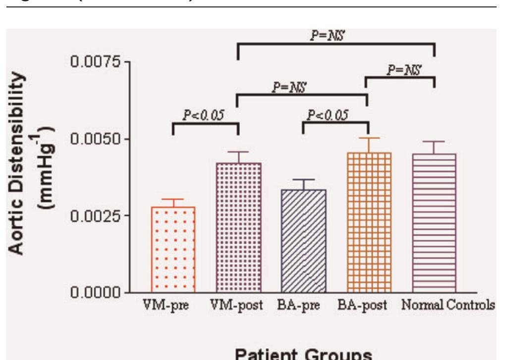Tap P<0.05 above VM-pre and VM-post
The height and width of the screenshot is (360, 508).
pos(203,116)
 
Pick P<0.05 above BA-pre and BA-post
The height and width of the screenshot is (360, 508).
pos(327,115)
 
